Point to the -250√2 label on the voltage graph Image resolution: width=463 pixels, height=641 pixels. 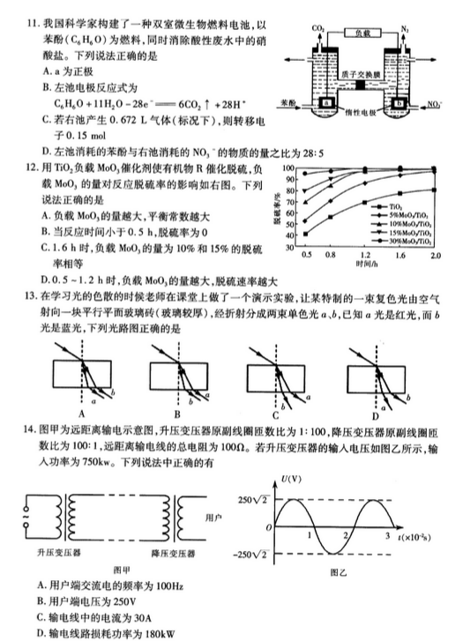pos(255,554)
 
